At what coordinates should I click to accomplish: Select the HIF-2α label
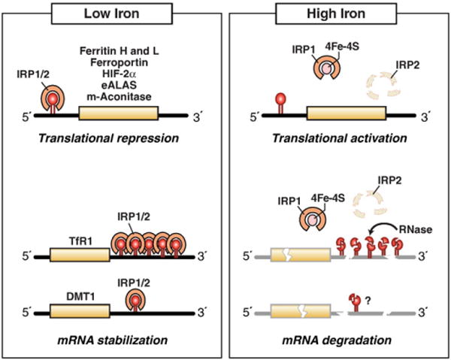119,76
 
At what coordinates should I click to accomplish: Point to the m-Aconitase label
119,100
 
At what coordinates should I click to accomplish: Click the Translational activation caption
338,140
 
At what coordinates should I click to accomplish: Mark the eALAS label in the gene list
119,88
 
